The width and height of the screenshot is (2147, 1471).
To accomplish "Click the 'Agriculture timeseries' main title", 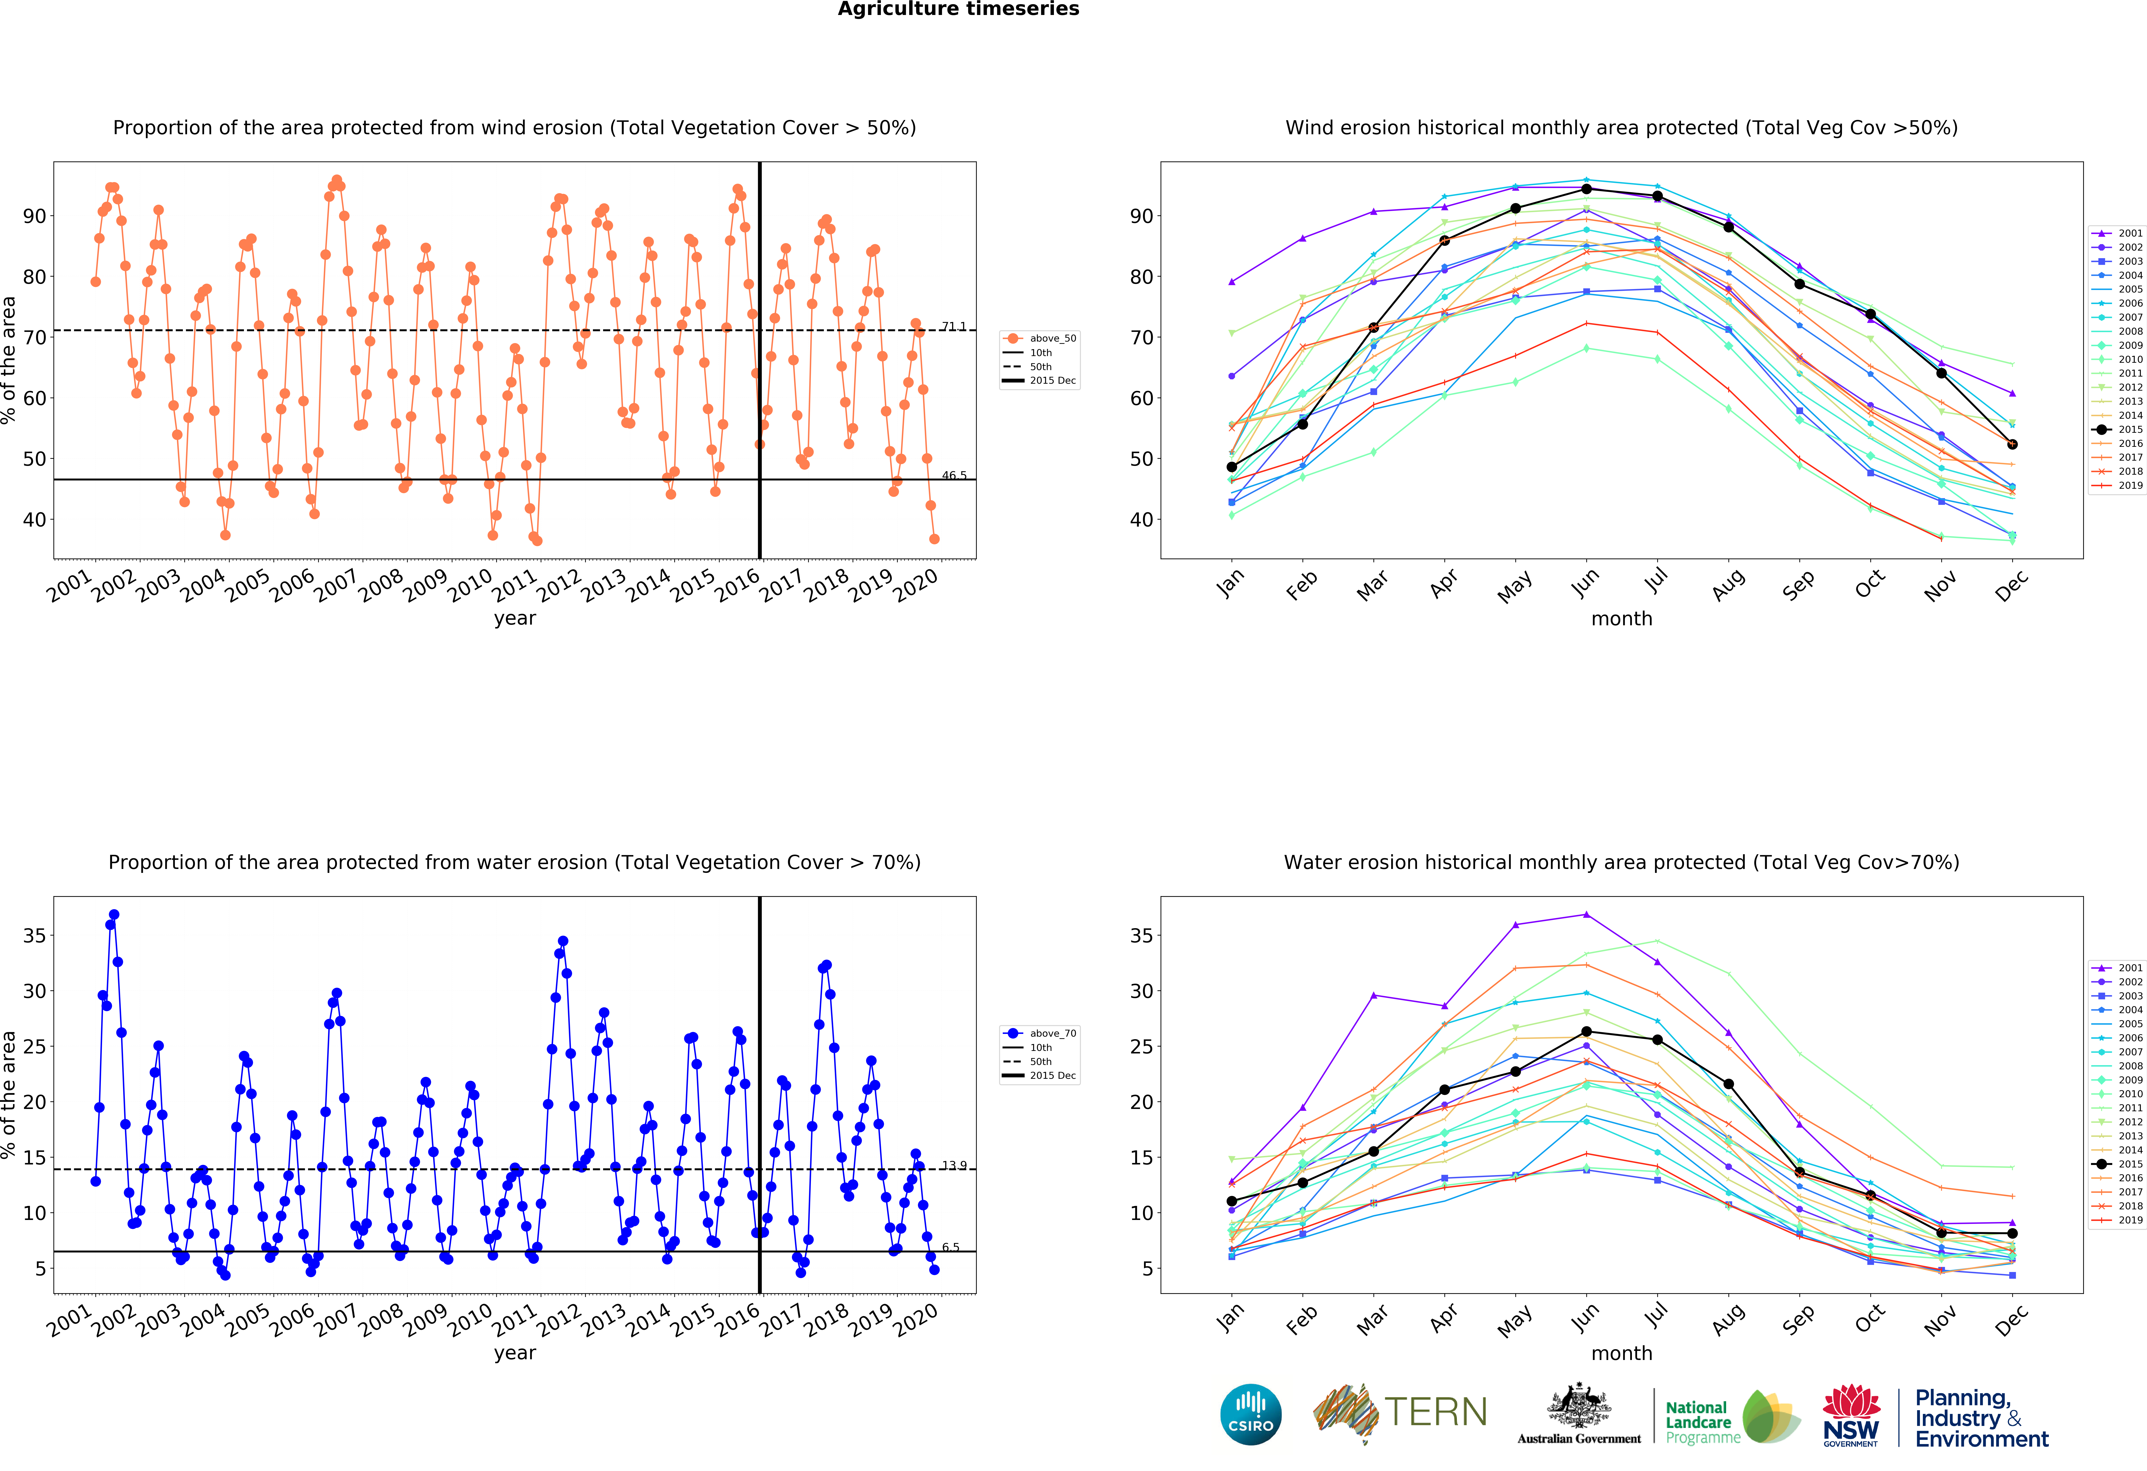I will coord(958,9).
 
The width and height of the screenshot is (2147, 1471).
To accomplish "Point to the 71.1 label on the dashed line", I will coord(953,327).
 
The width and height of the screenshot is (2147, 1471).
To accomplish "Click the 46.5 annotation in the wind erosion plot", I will coord(953,476).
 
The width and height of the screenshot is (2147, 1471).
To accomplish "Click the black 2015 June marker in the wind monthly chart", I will coord(1586,189).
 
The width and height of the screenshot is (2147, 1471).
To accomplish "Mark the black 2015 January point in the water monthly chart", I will coord(1232,1201).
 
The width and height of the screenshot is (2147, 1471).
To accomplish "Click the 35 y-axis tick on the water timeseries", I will coord(34,936).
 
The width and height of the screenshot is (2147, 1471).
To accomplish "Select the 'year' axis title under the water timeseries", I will coord(515,1353).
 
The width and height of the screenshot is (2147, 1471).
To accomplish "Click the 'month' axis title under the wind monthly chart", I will coord(1621,619).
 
